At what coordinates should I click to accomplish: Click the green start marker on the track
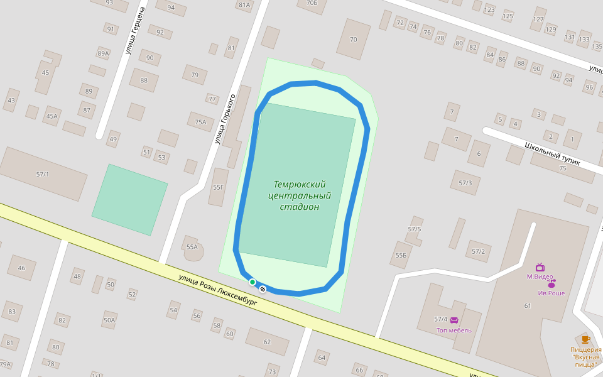coord(253,282)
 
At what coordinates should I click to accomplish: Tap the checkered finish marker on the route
coord(263,289)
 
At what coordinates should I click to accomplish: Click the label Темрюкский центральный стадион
coord(300,195)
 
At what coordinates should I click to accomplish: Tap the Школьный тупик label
coord(552,154)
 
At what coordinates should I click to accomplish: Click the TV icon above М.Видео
coord(540,267)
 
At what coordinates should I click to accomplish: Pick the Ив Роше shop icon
coord(551,284)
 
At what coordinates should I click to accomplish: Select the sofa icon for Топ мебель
coord(454,320)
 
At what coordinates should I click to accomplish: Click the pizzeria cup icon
coord(585,340)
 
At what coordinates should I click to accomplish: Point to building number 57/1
coord(43,174)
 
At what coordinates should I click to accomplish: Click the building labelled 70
coord(353,40)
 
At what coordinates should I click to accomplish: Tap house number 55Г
coord(218,187)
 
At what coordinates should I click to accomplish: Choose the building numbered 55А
coord(192,247)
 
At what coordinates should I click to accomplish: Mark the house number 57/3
coord(465,183)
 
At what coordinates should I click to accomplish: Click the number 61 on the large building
coord(528,306)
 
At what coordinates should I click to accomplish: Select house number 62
coord(267,342)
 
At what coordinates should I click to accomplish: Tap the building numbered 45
coord(45,73)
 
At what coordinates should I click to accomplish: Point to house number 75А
coord(200,122)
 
